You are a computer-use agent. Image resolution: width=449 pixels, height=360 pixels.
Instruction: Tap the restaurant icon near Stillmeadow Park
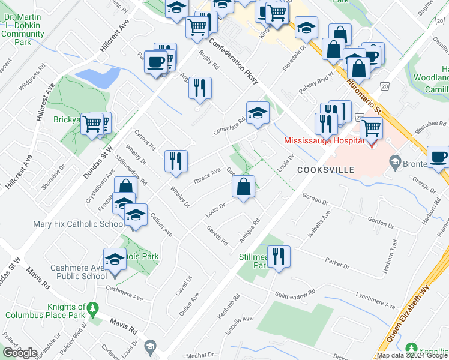pyautogui.click(x=279, y=256)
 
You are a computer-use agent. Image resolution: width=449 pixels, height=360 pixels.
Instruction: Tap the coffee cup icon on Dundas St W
pyautogui.click(x=155, y=62)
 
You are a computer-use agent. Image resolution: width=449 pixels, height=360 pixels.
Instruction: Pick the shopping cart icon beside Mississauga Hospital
pyautogui.click(x=371, y=127)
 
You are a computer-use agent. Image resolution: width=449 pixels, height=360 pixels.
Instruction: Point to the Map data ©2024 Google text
pyautogui.click(x=412, y=355)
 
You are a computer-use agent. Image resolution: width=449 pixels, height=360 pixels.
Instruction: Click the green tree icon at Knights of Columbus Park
pyautogui.click(x=92, y=309)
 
